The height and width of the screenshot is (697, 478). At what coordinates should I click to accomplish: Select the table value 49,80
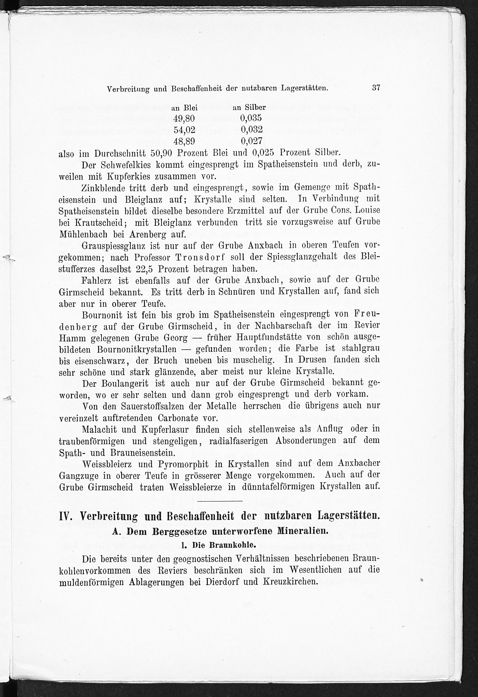[184, 119]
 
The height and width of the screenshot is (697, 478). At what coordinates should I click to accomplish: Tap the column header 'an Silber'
[249, 107]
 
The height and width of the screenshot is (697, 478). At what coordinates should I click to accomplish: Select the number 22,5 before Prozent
[145, 268]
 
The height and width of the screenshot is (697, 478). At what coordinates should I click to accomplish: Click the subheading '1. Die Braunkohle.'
[219, 545]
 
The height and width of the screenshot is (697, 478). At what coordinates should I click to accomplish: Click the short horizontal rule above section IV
[220, 501]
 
